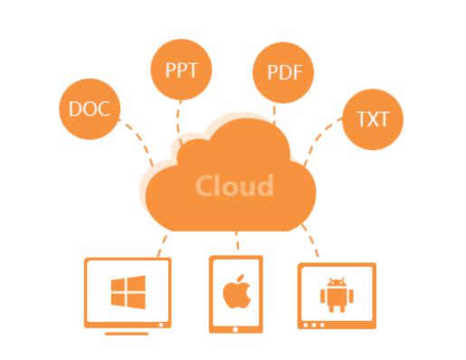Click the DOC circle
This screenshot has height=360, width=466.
[x=89, y=109]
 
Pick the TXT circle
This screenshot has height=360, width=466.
[x=373, y=118]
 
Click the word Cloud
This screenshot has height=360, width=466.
[x=233, y=185]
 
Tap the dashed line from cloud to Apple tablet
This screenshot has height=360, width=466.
[x=236, y=242]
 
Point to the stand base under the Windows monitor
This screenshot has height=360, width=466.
[x=127, y=333]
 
